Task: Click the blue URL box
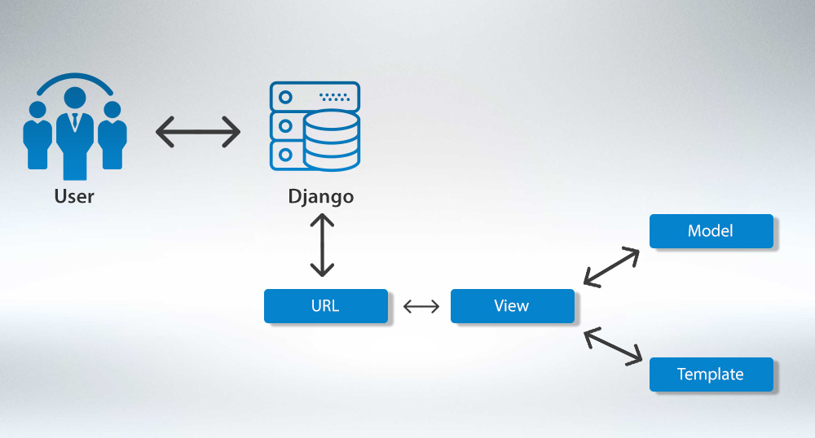point(325,306)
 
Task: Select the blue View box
point(512,306)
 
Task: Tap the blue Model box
point(710,231)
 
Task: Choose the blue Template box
point(710,374)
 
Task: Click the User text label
point(74,196)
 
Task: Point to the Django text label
point(320,197)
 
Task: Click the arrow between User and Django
point(198,132)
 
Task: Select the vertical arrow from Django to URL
point(323,244)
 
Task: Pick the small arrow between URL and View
point(421,306)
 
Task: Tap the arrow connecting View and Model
point(612,266)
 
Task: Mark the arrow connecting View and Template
point(613,345)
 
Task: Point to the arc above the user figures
point(74,78)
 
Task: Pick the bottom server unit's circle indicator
point(285,153)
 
